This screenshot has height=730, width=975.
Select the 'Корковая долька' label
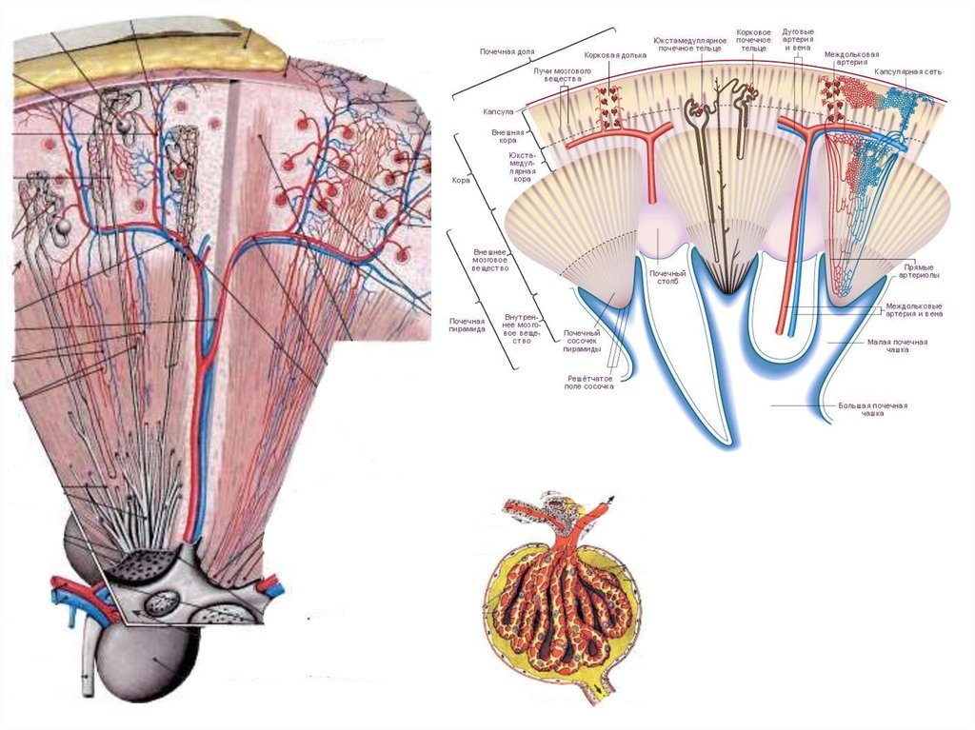point(615,55)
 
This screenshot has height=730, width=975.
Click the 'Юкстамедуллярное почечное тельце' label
point(689,44)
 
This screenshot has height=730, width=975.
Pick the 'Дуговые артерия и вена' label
point(798,38)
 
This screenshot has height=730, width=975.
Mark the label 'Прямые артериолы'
point(921,272)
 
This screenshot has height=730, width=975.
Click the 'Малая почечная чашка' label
point(896,345)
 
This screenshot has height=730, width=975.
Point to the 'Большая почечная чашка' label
point(872,409)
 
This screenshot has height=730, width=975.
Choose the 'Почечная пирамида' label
point(468,326)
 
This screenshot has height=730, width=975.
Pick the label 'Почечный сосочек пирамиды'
point(582,341)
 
